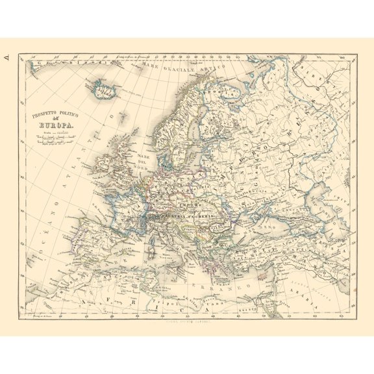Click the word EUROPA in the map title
[x=58, y=127]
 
